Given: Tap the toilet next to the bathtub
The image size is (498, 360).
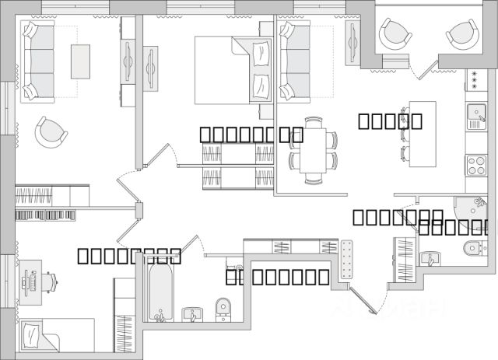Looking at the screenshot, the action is coord(223,308).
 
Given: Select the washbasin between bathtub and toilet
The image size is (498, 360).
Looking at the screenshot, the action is coord(191,314).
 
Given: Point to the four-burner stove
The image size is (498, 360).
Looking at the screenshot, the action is coord(475,165).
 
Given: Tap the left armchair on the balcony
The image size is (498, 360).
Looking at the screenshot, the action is coord(395,33).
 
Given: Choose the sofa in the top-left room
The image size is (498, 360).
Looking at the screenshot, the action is coord(37,60).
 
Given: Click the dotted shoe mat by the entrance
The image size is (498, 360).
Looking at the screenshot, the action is coord(347,261).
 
